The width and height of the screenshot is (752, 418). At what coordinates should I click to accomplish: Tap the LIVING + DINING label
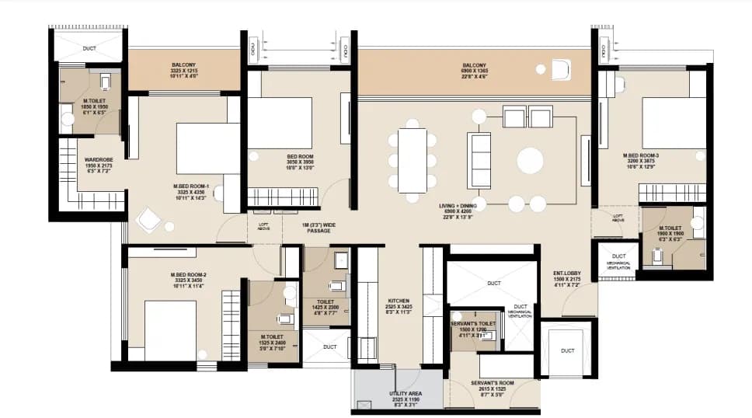pos(461,206)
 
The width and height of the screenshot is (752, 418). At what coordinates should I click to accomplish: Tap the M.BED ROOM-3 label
pos(641,155)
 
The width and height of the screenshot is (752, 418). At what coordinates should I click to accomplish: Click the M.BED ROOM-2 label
pos(188,276)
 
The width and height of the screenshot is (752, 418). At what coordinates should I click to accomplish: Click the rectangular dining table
pos(412,160)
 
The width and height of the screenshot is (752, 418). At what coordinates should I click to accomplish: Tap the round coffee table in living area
pos(531,161)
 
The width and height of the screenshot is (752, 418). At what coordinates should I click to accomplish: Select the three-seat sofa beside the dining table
pos(479,160)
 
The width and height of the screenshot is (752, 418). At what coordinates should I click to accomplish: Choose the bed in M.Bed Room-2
pos(170,329)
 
